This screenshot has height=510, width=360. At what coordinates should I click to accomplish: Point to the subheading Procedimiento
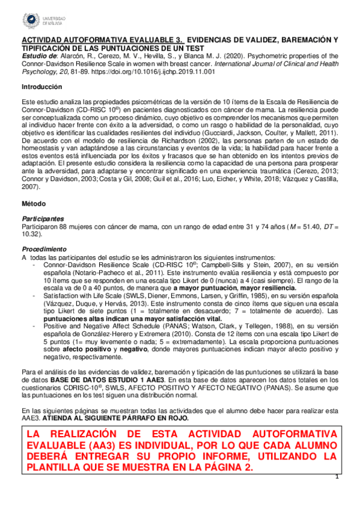click(43, 248)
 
